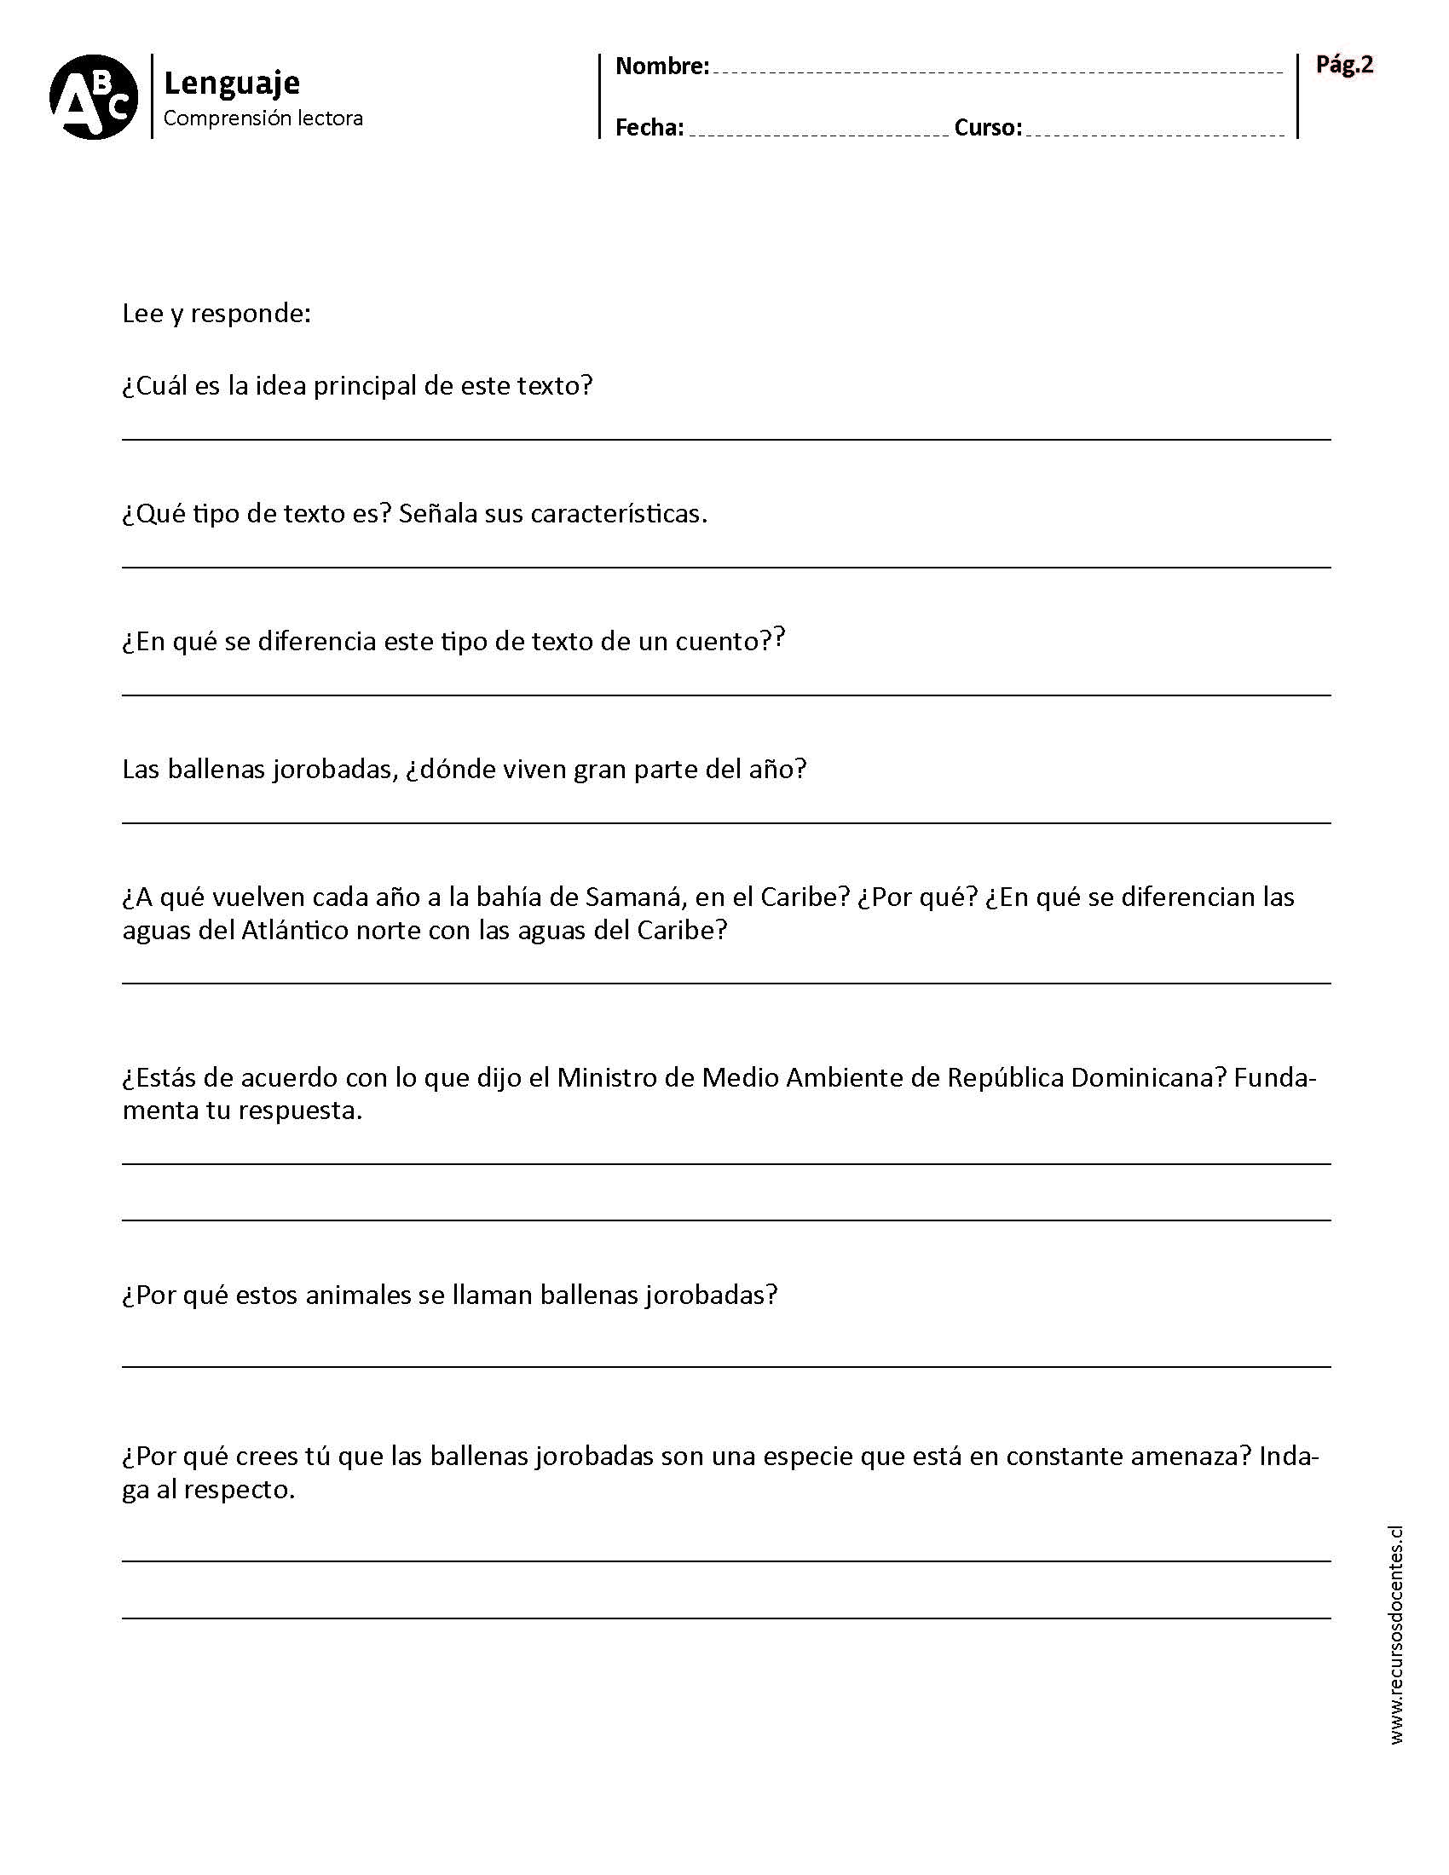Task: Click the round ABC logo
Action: pos(94,97)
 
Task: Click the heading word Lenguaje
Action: pos(232,83)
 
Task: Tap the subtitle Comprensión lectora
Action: pos(263,118)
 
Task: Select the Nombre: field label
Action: pos(661,66)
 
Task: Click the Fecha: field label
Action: pos(649,128)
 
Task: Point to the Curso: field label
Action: pos(988,128)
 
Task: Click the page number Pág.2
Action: pos(1344,65)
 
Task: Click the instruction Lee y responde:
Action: pos(216,314)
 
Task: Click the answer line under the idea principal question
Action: pos(725,439)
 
